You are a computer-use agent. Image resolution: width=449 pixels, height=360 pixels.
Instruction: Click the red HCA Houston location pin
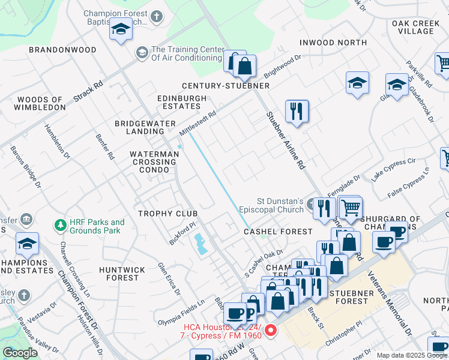coord(271,330)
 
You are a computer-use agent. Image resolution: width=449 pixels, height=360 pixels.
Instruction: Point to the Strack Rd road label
coord(88,91)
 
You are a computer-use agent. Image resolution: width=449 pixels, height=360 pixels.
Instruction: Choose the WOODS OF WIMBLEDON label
coord(41,103)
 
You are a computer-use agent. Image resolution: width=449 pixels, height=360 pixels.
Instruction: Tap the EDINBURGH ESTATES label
coord(173,102)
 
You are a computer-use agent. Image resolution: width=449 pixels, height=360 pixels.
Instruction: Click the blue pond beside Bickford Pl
coord(199,244)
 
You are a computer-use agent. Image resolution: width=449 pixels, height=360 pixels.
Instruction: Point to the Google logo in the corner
coord(20,353)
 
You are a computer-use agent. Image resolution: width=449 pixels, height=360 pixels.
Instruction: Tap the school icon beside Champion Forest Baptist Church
coord(121,30)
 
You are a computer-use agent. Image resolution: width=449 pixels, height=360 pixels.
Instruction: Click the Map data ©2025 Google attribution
coord(411,355)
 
